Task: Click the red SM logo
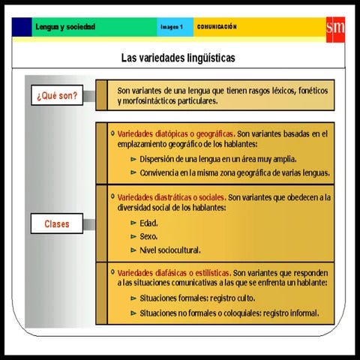[334, 27]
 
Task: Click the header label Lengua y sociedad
[65, 27]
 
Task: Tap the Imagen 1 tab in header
[171, 27]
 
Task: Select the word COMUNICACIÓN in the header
[217, 27]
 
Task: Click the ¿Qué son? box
[57, 95]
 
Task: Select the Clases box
[57, 223]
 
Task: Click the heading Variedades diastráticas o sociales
[171, 197]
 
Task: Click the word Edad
[148, 223]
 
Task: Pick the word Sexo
[148, 236]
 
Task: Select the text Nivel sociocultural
[170, 250]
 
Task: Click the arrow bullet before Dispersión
[133, 159]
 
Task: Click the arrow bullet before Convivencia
[133, 172]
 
